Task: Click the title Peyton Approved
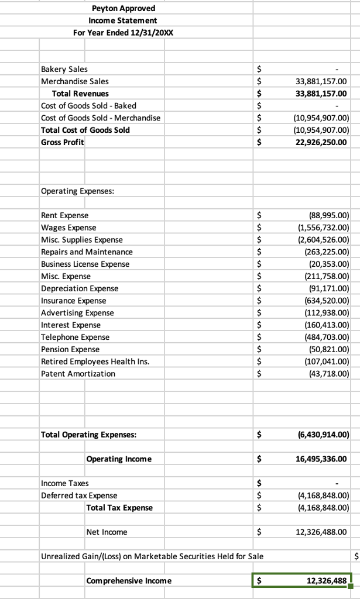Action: pyautogui.click(x=124, y=8)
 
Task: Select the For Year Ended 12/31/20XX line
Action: pyautogui.click(x=124, y=32)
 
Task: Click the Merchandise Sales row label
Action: pyautogui.click(x=74, y=81)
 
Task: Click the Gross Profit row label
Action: pyautogui.click(x=62, y=142)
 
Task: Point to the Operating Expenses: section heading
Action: pyautogui.click(x=77, y=191)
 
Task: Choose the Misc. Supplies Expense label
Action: pyautogui.click(x=81, y=240)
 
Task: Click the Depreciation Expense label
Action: pyautogui.click(x=79, y=288)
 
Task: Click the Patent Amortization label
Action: pyautogui.click(x=78, y=374)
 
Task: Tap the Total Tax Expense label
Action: pyautogui.click(x=119, y=508)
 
